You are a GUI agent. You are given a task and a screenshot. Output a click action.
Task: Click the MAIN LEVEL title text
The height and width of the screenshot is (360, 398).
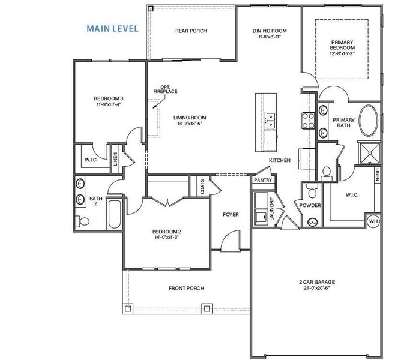click(x=112, y=28)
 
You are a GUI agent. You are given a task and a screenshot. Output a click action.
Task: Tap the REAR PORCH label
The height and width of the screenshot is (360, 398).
click(x=191, y=31)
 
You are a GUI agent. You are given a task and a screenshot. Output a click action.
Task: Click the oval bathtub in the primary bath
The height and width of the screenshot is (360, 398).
click(x=369, y=122)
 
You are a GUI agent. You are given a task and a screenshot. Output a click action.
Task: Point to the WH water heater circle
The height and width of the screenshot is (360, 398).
click(x=373, y=221)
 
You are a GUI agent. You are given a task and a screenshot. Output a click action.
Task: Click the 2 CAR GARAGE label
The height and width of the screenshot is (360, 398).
click(x=317, y=282)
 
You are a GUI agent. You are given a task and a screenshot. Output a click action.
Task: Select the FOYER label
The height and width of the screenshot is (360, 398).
click(x=231, y=214)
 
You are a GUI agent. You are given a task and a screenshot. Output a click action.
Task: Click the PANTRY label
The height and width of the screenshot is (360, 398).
click(x=263, y=180)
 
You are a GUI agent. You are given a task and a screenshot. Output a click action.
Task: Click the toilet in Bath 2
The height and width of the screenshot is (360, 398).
click(x=83, y=221)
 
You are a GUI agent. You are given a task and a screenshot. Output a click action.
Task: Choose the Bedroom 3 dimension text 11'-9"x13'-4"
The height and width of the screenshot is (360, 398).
click(x=108, y=104)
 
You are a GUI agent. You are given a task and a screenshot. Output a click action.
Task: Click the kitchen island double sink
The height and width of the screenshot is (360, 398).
click(x=270, y=121)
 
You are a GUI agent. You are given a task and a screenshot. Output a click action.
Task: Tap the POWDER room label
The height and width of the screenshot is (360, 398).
click(x=310, y=206)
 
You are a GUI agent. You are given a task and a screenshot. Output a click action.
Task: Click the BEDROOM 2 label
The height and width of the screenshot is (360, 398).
click(x=166, y=232)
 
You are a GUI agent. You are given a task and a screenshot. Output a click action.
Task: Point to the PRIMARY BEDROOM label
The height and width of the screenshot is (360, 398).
click(x=342, y=46)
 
